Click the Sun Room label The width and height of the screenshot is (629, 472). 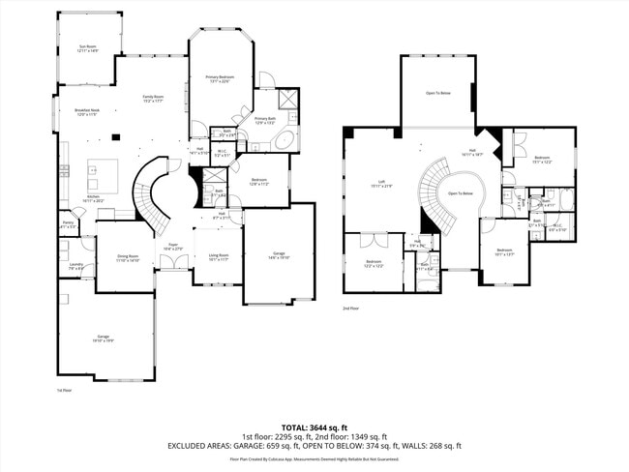pyautogui.click(x=88, y=48)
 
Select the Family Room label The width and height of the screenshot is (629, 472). pyautogui.click(x=153, y=99)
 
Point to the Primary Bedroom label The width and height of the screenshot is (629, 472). pyautogui.click(x=220, y=79)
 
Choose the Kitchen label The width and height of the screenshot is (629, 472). pyautogui.click(x=94, y=198)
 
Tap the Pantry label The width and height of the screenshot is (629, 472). pyautogui.click(x=68, y=225)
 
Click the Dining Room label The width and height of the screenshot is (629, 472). pyautogui.click(x=128, y=258)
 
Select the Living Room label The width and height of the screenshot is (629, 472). pyautogui.click(x=219, y=257)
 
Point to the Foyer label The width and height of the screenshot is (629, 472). pyautogui.click(x=171, y=247)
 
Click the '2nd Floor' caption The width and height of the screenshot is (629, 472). pyautogui.click(x=350, y=309)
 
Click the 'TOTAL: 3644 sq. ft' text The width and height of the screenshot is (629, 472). pyautogui.click(x=314, y=427)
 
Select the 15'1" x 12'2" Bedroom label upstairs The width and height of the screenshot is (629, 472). pyautogui.click(x=542, y=159)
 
